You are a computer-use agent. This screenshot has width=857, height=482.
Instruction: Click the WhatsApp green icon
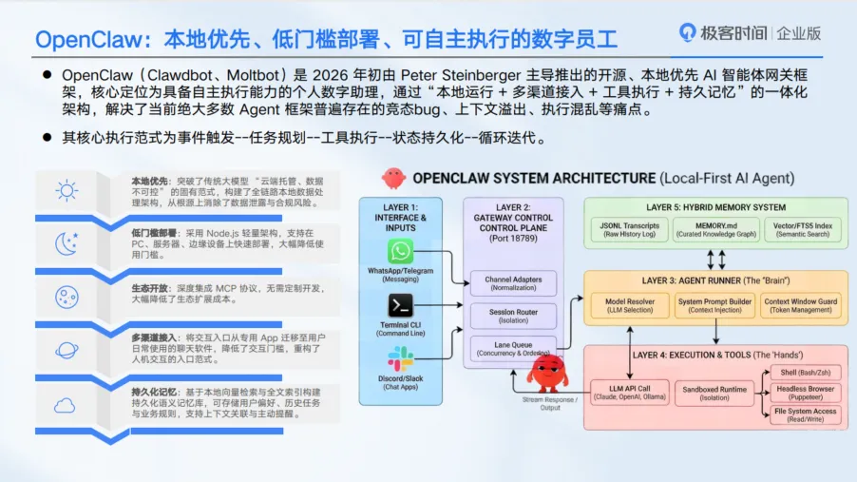point(401,253)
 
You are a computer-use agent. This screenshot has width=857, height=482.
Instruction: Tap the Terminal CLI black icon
point(401,306)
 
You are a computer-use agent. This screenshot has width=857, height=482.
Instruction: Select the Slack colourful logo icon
point(401,358)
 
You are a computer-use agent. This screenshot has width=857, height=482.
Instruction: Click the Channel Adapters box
point(513,282)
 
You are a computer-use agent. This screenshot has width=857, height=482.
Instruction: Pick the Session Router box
point(513,316)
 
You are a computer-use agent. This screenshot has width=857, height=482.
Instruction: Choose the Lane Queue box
point(513,349)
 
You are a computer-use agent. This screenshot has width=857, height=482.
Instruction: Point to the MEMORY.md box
point(709,229)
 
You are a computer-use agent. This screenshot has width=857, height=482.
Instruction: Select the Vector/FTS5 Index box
point(803,229)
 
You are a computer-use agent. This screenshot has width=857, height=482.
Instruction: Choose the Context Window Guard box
point(802,306)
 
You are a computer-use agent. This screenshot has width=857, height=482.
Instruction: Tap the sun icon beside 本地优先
point(66,189)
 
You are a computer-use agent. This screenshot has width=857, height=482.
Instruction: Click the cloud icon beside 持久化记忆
point(66,406)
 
